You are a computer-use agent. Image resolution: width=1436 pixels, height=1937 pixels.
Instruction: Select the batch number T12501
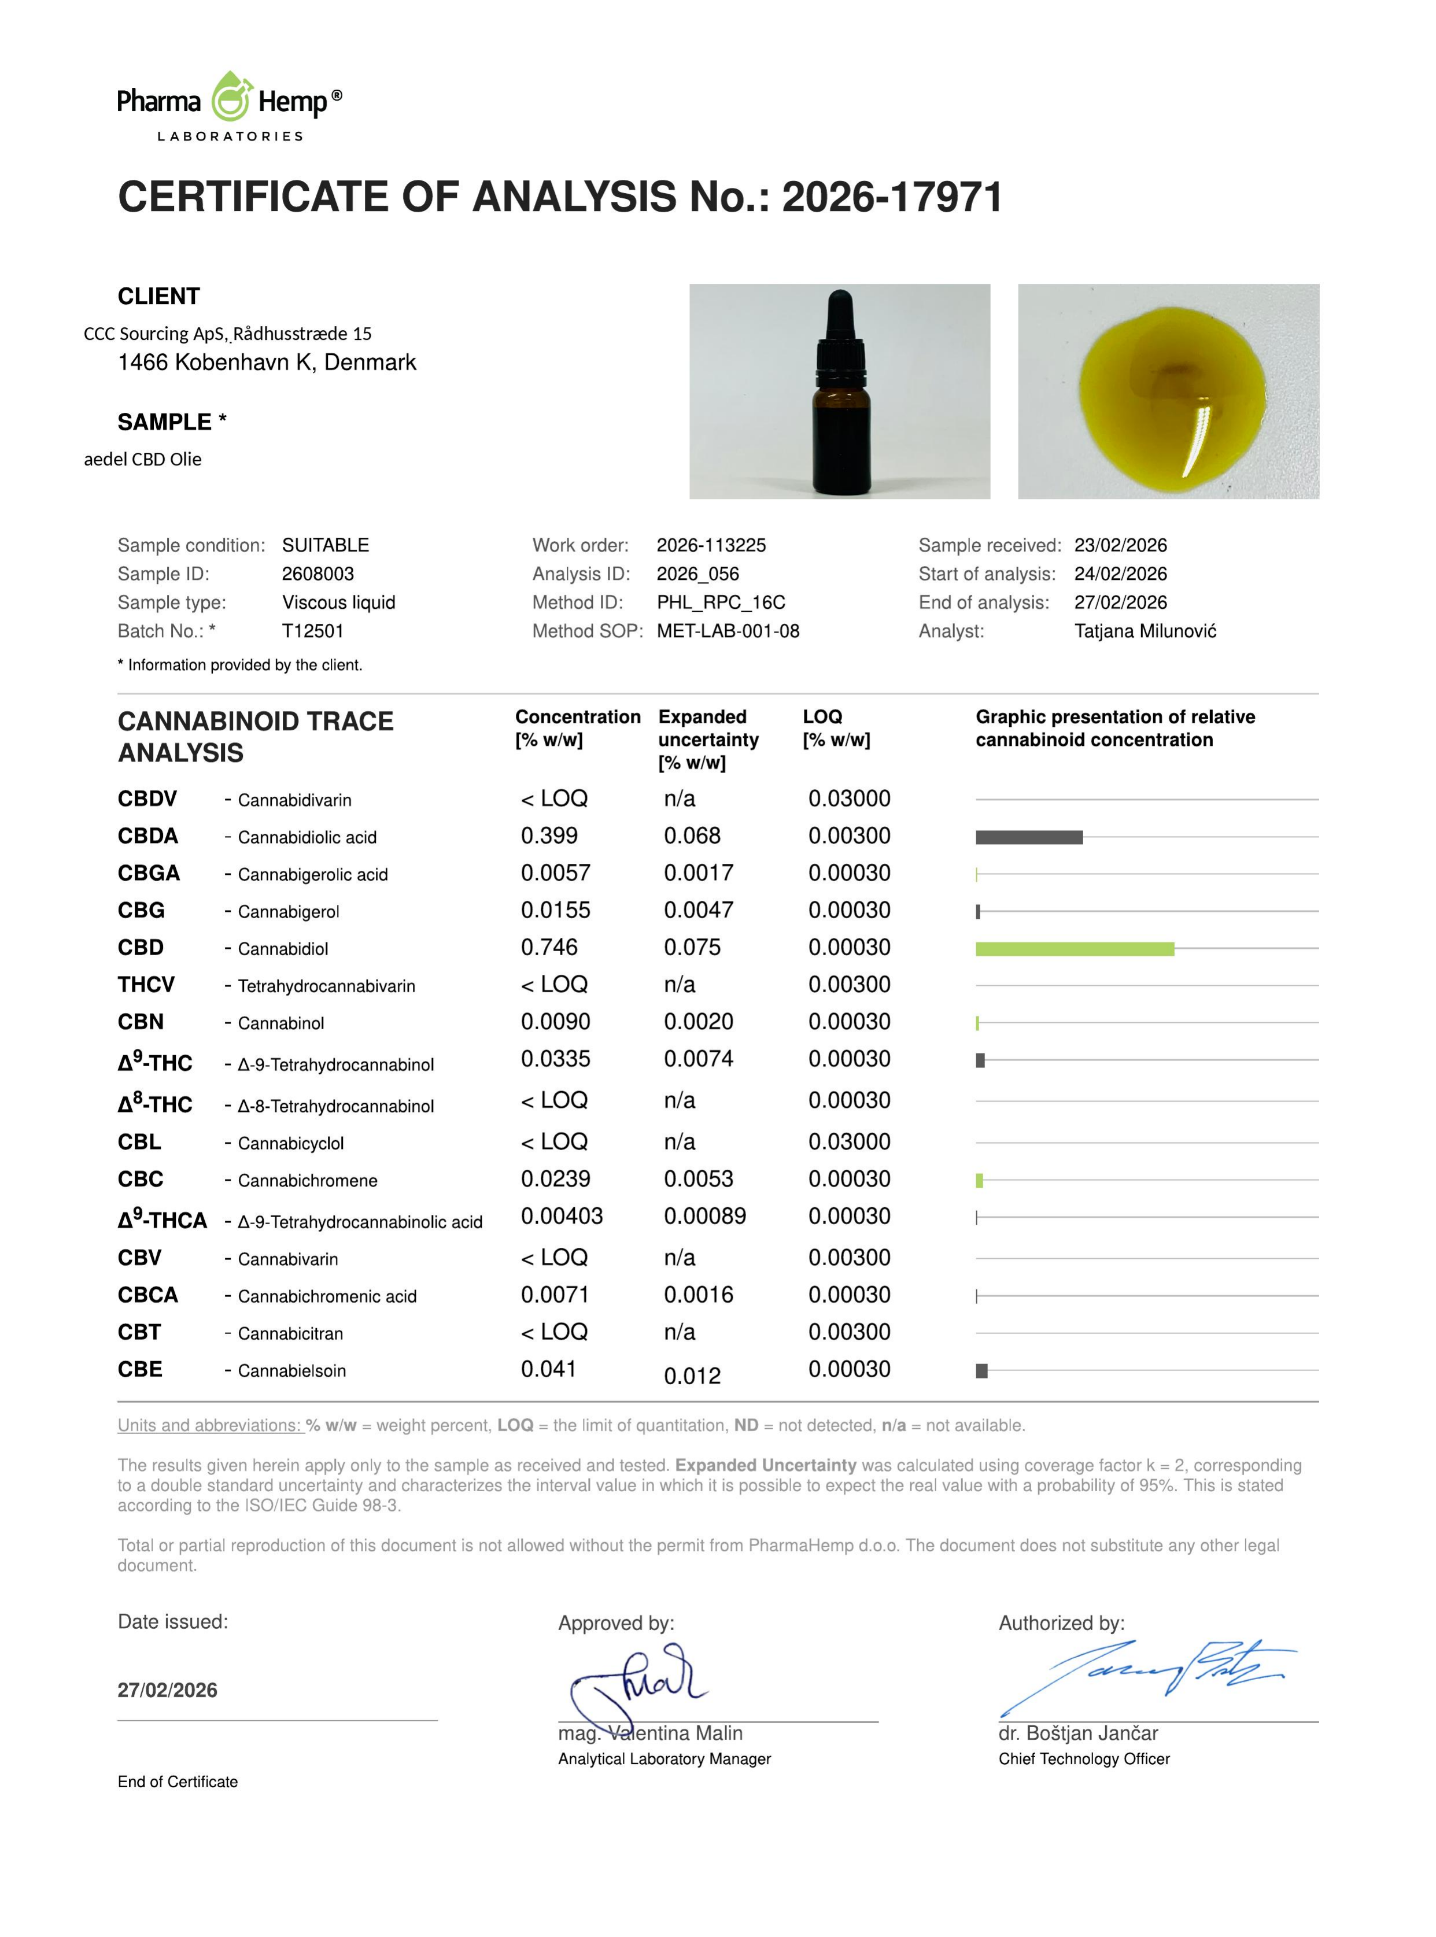coord(313,632)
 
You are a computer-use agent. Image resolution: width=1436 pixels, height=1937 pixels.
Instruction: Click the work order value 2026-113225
coord(711,546)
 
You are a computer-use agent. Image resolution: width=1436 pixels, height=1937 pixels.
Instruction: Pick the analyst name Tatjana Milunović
coord(1145,632)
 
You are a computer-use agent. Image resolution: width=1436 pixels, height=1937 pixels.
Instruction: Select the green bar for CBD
coord(1075,949)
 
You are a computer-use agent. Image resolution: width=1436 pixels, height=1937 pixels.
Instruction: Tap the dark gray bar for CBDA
coord(1029,838)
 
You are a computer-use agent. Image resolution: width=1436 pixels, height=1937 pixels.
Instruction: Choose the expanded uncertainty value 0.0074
coord(698,1059)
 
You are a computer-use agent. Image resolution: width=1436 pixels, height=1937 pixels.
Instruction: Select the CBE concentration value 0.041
coord(548,1370)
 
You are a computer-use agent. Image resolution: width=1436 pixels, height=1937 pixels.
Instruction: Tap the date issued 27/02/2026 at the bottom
coord(168,1690)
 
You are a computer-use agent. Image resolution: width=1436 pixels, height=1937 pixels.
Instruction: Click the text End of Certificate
coord(178,1782)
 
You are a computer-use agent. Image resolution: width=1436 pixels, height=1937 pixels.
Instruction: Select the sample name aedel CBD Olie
coord(142,460)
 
